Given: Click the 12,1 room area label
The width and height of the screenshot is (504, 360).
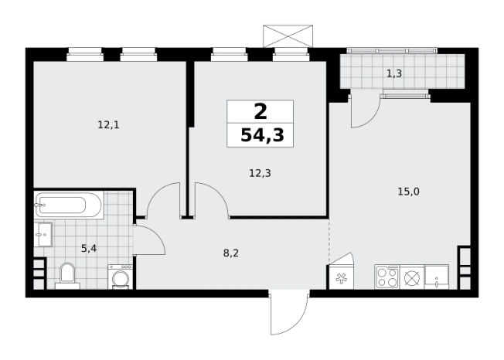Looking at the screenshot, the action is coord(108,125).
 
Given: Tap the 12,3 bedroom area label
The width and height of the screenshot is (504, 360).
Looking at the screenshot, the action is coord(260,173).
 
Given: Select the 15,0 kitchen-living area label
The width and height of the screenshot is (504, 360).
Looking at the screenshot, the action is coord(409,192).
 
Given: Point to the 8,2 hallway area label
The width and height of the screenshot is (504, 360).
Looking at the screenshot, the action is coord(231,253).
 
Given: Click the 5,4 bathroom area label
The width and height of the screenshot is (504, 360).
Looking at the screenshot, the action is coord(89,248).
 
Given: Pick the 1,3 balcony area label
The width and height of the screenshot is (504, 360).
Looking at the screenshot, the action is coord(394,74).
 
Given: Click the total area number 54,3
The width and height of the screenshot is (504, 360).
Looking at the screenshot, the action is coord(262,135).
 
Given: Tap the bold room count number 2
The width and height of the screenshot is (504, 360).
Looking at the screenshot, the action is coord(261,112).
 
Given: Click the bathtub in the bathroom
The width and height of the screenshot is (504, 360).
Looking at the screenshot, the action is coord(69,205).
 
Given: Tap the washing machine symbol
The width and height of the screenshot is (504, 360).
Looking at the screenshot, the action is coord(121,277).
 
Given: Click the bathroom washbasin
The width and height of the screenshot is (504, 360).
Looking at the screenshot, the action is coord(43,234).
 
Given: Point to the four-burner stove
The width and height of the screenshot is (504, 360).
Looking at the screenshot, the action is coord(387,277).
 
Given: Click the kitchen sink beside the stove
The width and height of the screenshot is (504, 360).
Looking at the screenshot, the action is coord(436,277).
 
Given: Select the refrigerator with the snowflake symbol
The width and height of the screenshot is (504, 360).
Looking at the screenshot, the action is coord(340,277).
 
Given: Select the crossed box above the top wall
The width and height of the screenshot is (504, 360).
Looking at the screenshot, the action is coord(288,36).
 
